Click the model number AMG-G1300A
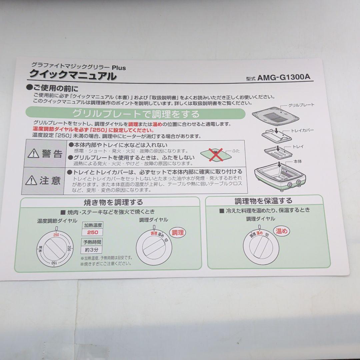[284, 77]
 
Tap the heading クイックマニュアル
[73, 75]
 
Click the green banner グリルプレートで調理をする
[135, 113]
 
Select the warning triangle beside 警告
[34, 153]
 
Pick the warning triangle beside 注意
[31, 180]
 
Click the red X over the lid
[216, 155]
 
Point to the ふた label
[236, 151]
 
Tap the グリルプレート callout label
[301, 105]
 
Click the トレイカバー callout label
[302, 131]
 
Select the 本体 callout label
[298, 162]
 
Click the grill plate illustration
[276, 116]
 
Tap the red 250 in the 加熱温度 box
[93, 232]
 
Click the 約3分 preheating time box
[92, 250]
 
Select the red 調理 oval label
[178, 233]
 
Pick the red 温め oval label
[281, 231]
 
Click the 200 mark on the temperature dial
[69, 248]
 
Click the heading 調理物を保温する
[263, 201]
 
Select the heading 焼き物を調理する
[113, 202]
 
